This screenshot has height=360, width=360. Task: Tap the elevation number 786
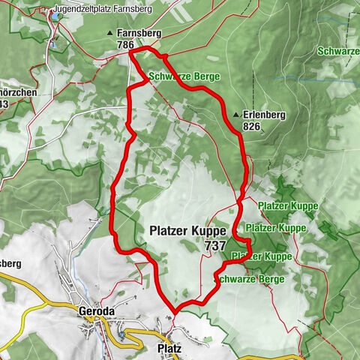[x=126, y=45]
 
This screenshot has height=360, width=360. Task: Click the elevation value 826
[x=251, y=127]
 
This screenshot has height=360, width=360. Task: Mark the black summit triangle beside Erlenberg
[x=236, y=115]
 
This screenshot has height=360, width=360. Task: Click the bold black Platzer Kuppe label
[x=184, y=231]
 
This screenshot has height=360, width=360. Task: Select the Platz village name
[x=169, y=349]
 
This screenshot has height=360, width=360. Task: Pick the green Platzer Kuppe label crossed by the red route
[x=262, y=256]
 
